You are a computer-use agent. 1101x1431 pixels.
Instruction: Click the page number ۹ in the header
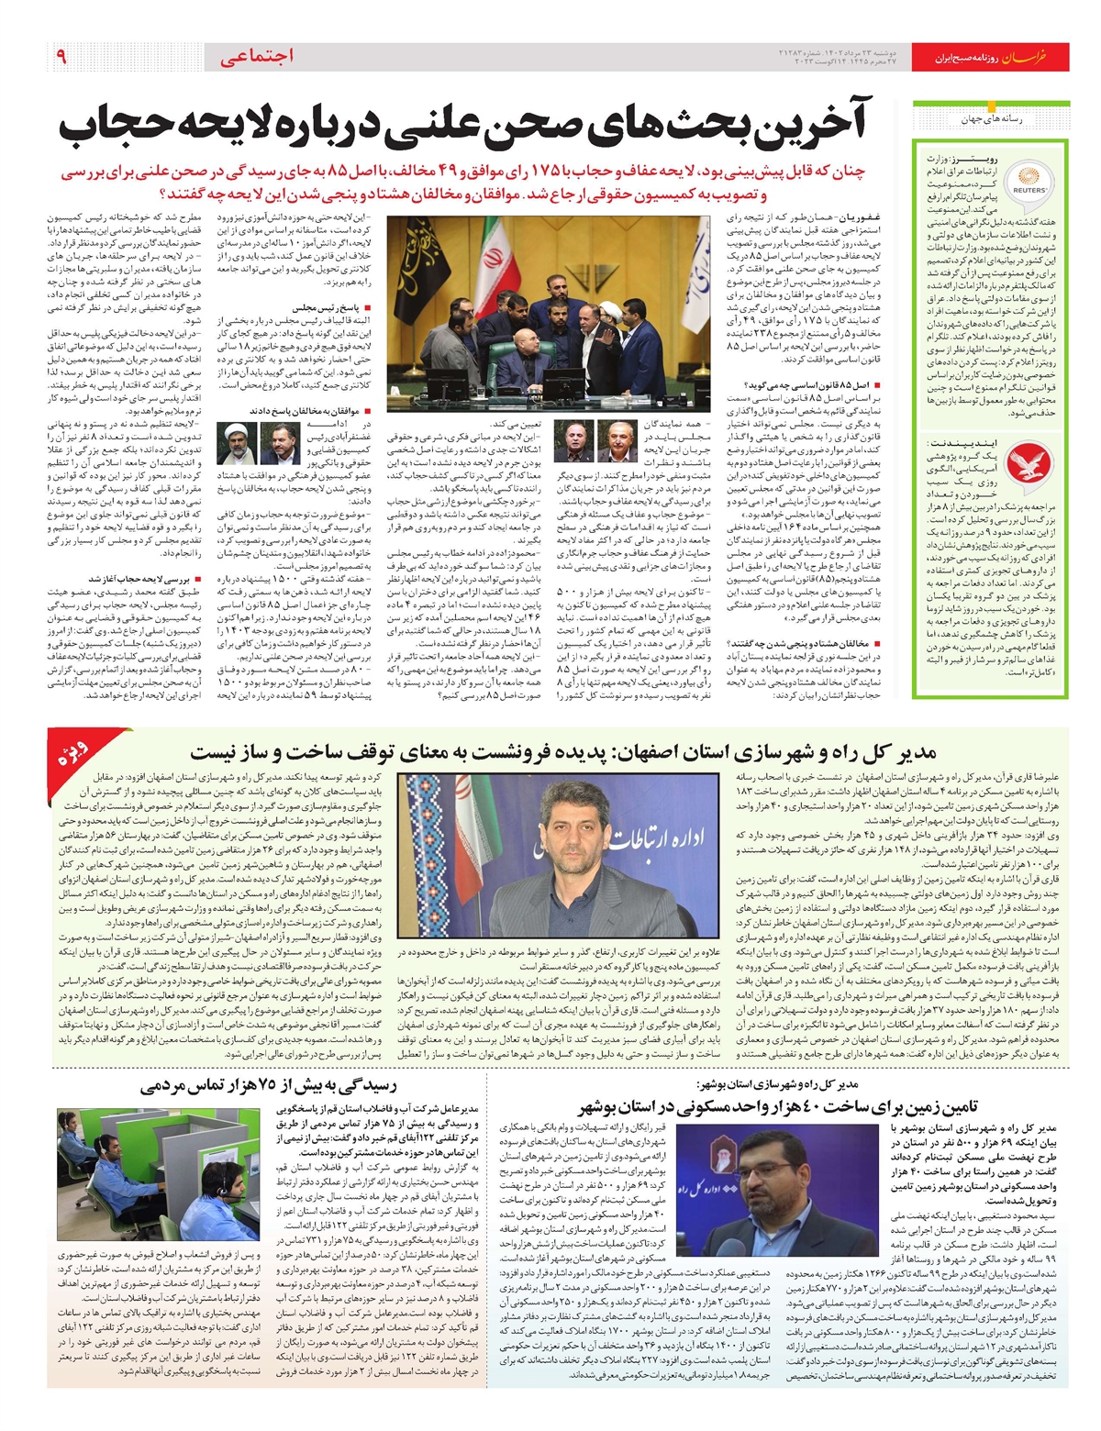[x=61, y=57]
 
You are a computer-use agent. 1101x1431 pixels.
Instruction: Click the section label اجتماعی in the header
[x=258, y=57]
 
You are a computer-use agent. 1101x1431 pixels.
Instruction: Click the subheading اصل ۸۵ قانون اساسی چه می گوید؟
[x=823, y=385]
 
